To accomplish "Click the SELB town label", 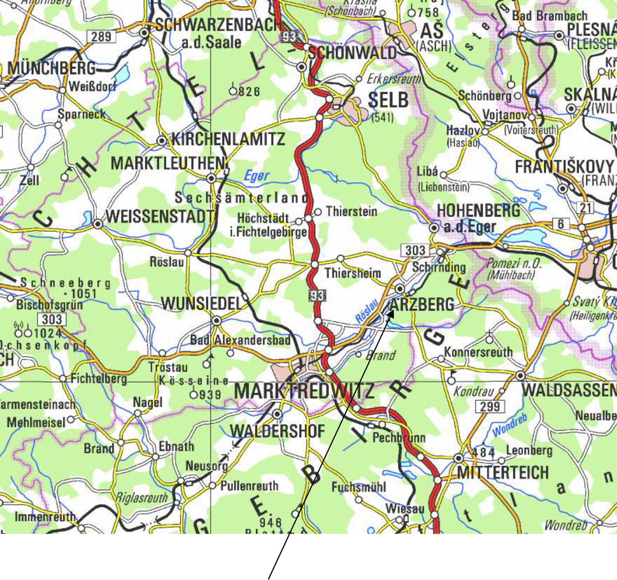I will pos(388,100).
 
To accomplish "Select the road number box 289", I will pos(101,36).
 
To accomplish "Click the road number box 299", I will pos(490,406).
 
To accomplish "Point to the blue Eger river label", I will pos(256,176).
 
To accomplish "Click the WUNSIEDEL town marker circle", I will pos(217,320).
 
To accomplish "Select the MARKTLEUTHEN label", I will pos(168,163).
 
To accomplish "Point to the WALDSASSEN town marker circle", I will pos(520,376).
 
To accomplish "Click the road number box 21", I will pos(586,208).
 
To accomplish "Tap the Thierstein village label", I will pos(351,211).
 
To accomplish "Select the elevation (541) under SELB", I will pos(383,117).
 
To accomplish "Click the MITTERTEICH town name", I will pos(503,472).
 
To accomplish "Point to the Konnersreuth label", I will pos(478,352).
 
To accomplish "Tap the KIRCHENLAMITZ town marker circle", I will pos(161,141).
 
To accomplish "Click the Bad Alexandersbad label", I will pos(240,340).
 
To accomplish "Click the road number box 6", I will pos(561,224).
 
